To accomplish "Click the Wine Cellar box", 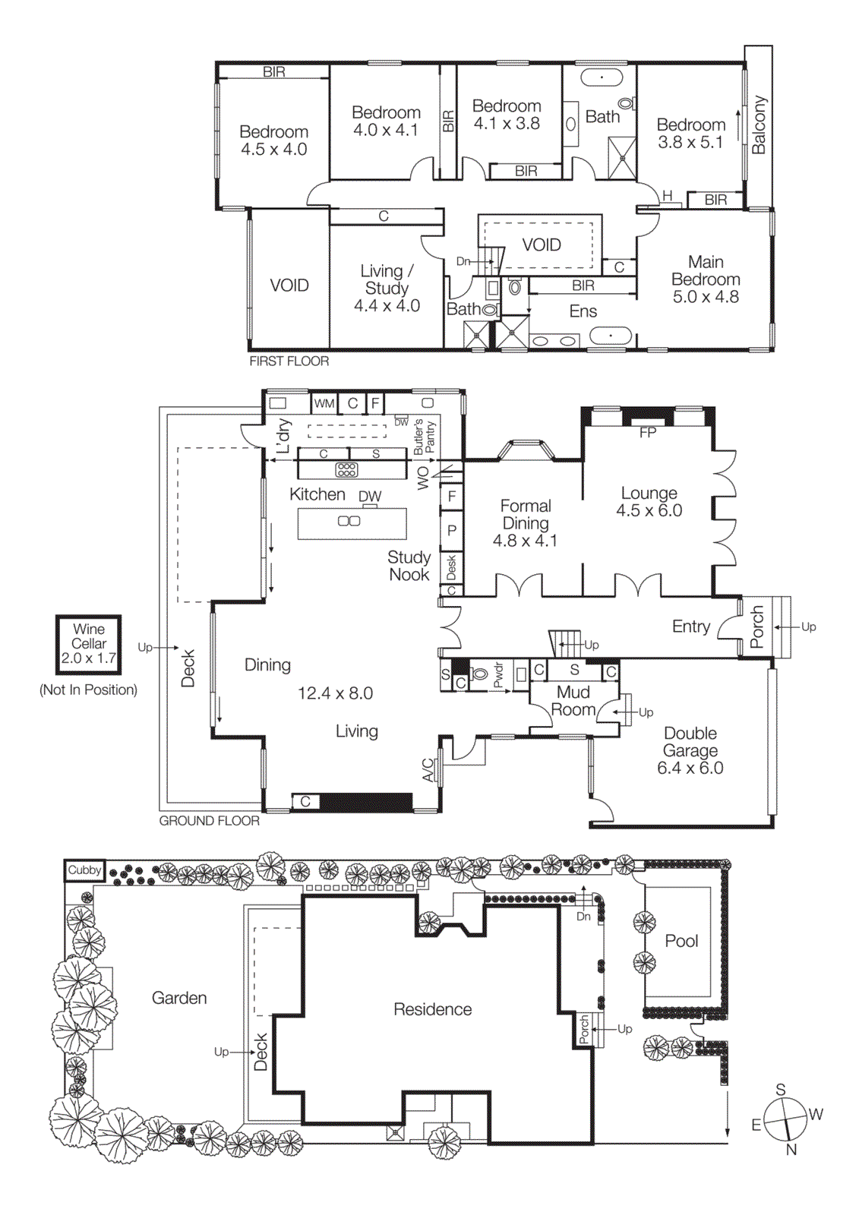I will tap(89, 644).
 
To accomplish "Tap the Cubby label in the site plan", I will tap(84, 870).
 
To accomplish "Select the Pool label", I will tap(681, 941).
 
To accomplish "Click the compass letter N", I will tap(791, 1150).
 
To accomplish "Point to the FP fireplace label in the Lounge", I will tap(648, 433).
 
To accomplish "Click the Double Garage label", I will tap(690, 750).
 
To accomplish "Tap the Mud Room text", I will tap(573, 701).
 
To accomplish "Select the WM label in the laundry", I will tap(324, 403).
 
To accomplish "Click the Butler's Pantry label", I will tap(425, 437).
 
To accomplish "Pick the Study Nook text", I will tap(409, 566).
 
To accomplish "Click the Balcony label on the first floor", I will tap(759, 125).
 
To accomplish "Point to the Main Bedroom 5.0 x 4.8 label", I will tap(706, 279).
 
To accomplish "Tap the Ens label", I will tap(583, 311).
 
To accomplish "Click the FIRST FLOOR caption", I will tap(289, 361).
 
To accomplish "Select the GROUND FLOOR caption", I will tap(210, 821).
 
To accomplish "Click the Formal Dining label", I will tap(526, 523).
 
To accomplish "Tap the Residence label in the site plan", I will tap(432, 1009).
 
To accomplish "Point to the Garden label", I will tap(179, 998).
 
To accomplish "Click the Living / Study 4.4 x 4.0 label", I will tap(387, 289).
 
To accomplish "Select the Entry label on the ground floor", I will tap(690, 626).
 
